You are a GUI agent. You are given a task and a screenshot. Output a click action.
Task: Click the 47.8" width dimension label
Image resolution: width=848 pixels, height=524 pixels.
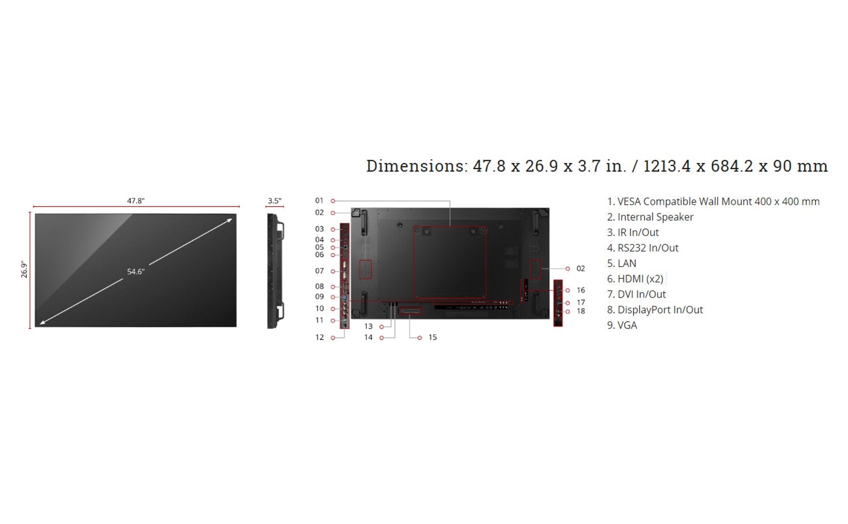[x=136, y=201]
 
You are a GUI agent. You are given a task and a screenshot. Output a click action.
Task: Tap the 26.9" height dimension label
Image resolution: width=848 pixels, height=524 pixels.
[x=24, y=269]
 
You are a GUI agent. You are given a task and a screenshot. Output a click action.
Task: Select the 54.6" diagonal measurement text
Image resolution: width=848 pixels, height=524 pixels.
[x=136, y=272]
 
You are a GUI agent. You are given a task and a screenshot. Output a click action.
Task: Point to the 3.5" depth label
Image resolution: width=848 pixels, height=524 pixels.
[x=275, y=201]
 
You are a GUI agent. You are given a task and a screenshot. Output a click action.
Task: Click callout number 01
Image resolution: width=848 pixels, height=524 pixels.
[x=319, y=201]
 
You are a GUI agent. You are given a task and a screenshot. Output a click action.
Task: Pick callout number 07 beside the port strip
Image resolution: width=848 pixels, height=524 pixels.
[x=319, y=271]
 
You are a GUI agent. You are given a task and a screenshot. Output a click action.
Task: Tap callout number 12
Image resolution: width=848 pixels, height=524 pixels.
[x=319, y=337]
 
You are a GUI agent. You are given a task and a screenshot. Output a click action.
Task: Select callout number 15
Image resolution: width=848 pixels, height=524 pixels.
[x=433, y=337]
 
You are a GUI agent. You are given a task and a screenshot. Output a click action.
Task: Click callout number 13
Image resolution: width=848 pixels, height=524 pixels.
[x=368, y=326]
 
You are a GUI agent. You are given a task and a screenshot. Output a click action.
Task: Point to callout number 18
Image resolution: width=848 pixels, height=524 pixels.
[x=581, y=311]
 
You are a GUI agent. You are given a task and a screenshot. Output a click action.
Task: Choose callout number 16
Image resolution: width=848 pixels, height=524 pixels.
[x=581, y=290]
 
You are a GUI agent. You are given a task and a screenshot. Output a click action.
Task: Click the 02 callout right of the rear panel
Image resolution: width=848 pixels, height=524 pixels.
[x=581, y=269]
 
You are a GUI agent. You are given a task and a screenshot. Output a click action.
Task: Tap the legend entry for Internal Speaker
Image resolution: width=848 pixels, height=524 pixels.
[x=650, y=217]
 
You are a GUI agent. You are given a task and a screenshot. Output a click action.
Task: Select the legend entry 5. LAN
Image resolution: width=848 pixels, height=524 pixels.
[x=621, y=264]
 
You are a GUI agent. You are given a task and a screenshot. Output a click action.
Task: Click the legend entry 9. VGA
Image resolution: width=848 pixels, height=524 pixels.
[x=622, y=325]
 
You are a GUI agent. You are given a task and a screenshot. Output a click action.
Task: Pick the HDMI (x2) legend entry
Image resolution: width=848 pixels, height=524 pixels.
[x=635, y=279]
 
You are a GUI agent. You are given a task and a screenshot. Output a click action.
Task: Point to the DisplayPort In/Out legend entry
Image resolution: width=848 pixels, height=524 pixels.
[x=655, y=310]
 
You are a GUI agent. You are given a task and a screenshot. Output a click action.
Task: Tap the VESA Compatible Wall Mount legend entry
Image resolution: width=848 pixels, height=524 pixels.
[x=713, y=202]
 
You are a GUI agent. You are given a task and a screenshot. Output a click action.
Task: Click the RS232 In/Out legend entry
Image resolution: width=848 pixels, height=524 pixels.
[x=642, y=248]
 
